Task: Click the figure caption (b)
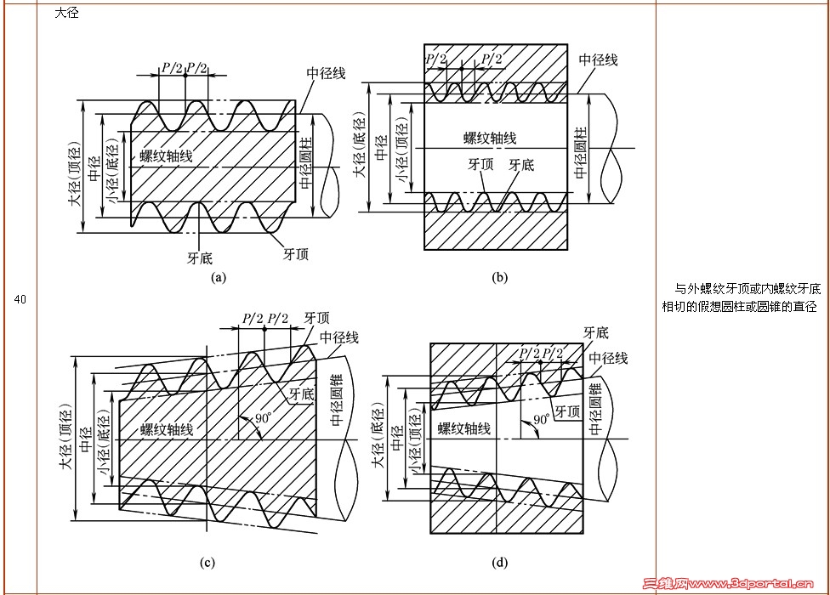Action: [x=499, y=277]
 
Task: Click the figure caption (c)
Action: [x=207, y=562]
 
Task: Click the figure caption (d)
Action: [x=500, y=562]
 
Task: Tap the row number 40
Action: [x=20, y=299]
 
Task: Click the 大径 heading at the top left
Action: [x=67, y=13]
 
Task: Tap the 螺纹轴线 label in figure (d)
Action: [x=464, y=428]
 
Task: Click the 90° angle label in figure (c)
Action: [x=263, y=419]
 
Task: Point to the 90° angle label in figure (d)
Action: [x=542, y=420]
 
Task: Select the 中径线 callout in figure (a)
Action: [x=326, y=73]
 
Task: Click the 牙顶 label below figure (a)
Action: [x=296, y=253]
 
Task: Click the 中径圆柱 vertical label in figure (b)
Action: [x=581, y=152]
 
